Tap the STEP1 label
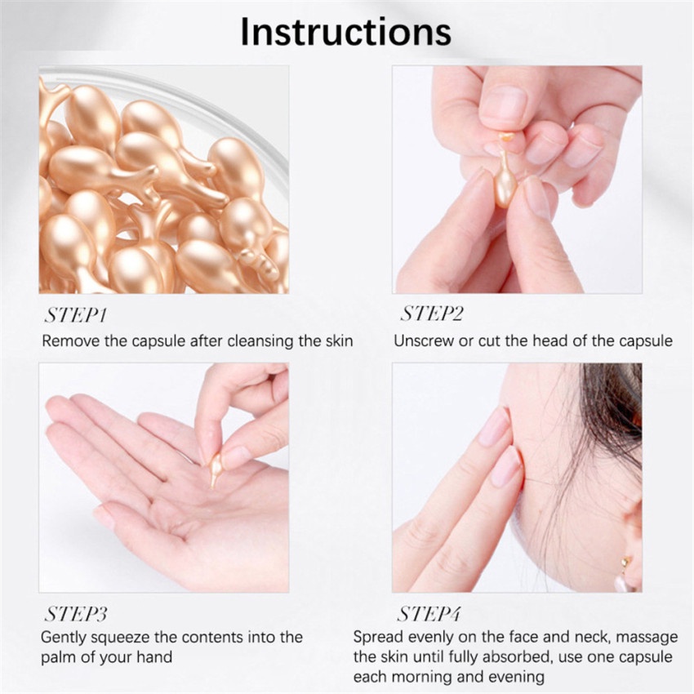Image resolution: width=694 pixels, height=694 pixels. click(x=75, y=315)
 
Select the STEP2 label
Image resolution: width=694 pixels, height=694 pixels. click(x=432, y=315)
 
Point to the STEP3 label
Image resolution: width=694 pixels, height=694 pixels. click(x=76, y=613)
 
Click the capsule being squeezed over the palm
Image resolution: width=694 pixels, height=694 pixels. click(x=216, y=470)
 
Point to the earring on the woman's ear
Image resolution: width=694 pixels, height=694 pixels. click(x=625, y=563)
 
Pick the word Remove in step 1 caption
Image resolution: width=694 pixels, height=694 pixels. click(x=70, y=340)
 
